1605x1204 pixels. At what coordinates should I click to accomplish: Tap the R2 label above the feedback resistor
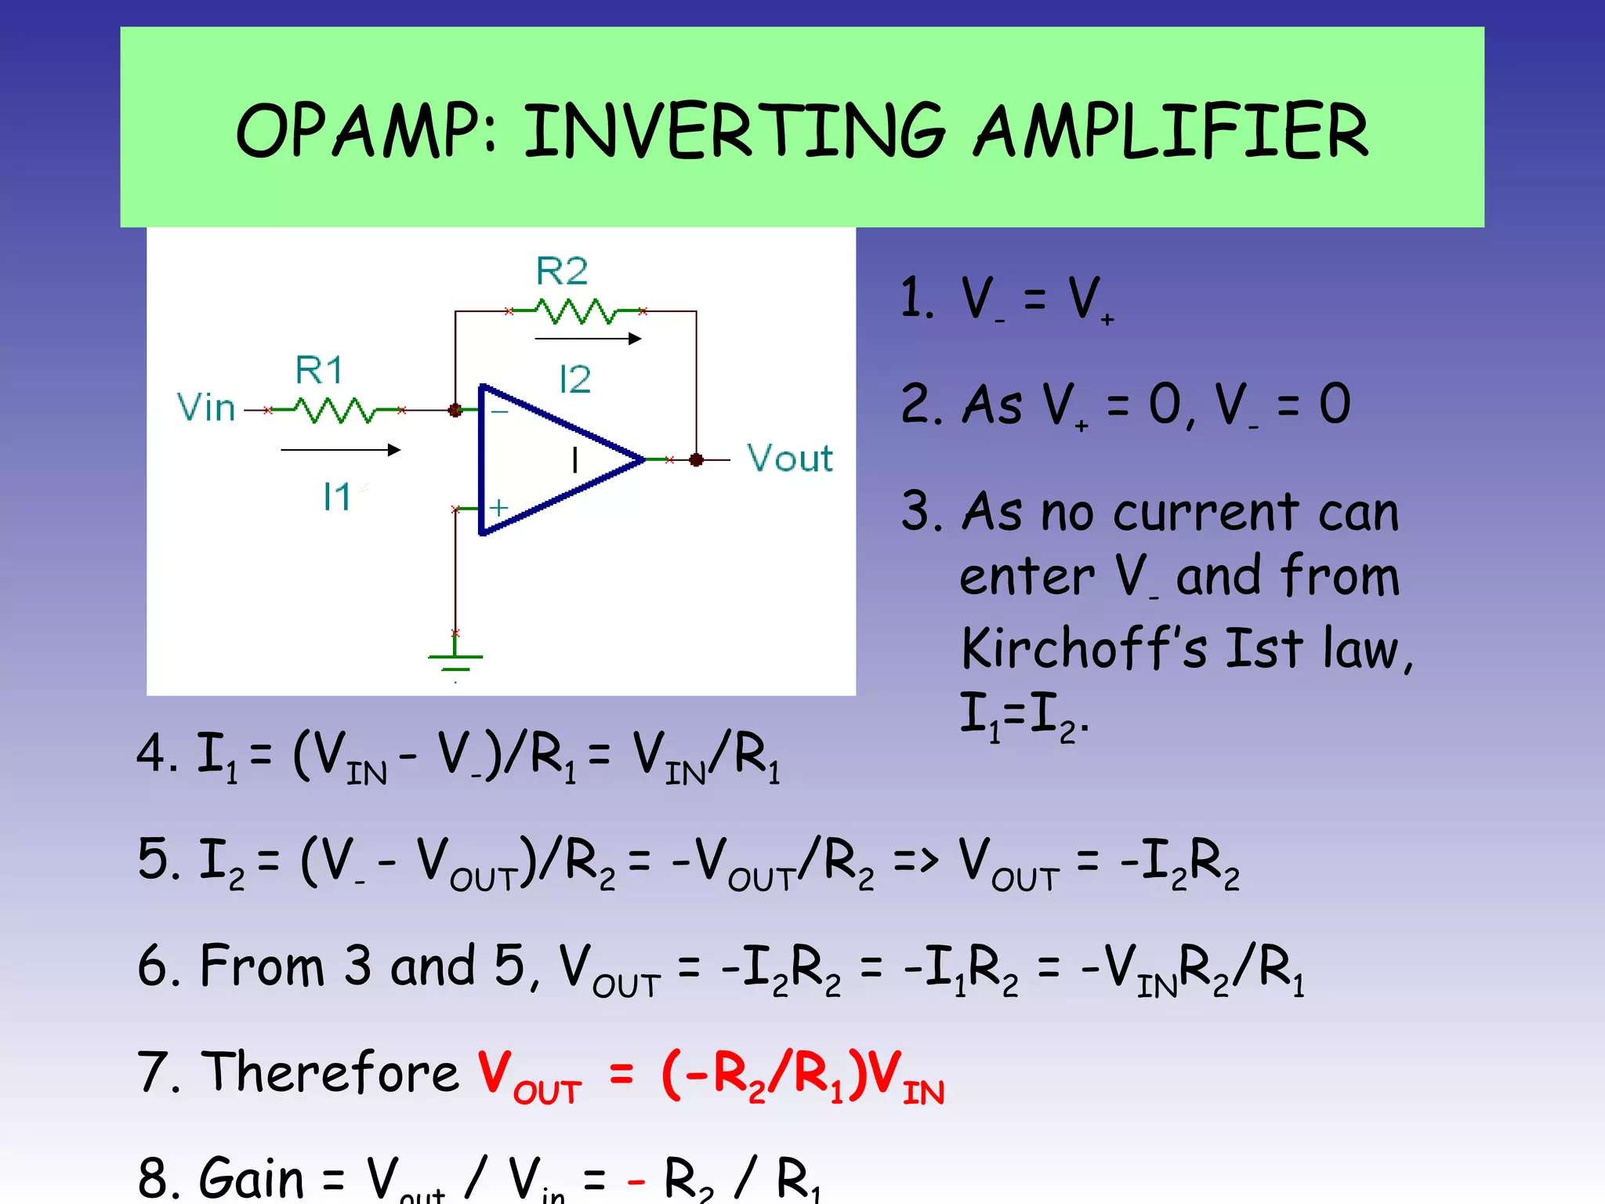(561, 271)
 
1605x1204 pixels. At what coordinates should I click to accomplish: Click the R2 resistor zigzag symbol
(576, 311)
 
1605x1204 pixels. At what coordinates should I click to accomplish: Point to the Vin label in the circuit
(205, 408)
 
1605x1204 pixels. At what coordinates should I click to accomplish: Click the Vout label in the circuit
(789, 458)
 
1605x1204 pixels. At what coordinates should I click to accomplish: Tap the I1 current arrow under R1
(341, 450)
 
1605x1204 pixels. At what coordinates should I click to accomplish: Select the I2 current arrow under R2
(588, 339)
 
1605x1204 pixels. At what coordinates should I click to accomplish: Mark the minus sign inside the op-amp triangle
(499, 412)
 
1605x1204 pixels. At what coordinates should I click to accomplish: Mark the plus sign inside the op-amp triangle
(498, 508)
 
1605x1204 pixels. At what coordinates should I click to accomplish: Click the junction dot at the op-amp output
(696, 460)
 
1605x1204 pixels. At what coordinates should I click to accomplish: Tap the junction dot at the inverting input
(455, 410)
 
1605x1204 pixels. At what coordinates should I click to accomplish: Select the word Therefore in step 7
(330, 1072)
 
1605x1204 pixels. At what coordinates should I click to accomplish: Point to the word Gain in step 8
(252, 1177)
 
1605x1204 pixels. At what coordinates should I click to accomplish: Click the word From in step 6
(262, 966)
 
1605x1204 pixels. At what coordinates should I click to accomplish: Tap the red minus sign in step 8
(636, 1180)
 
